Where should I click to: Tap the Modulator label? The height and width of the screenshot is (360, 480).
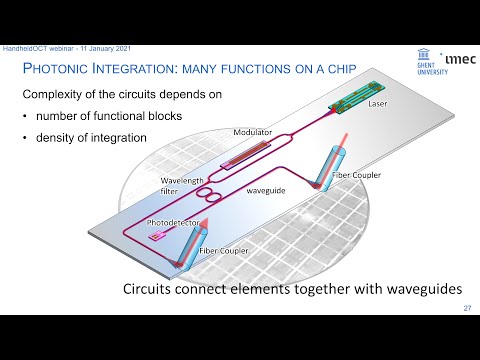[x=253, y=132]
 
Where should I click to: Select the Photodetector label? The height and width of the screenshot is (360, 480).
[x=175, y=222]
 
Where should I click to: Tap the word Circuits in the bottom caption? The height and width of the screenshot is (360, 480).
[x=151, y=292]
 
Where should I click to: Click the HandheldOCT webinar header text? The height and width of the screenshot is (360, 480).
[x=55, y=49]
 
